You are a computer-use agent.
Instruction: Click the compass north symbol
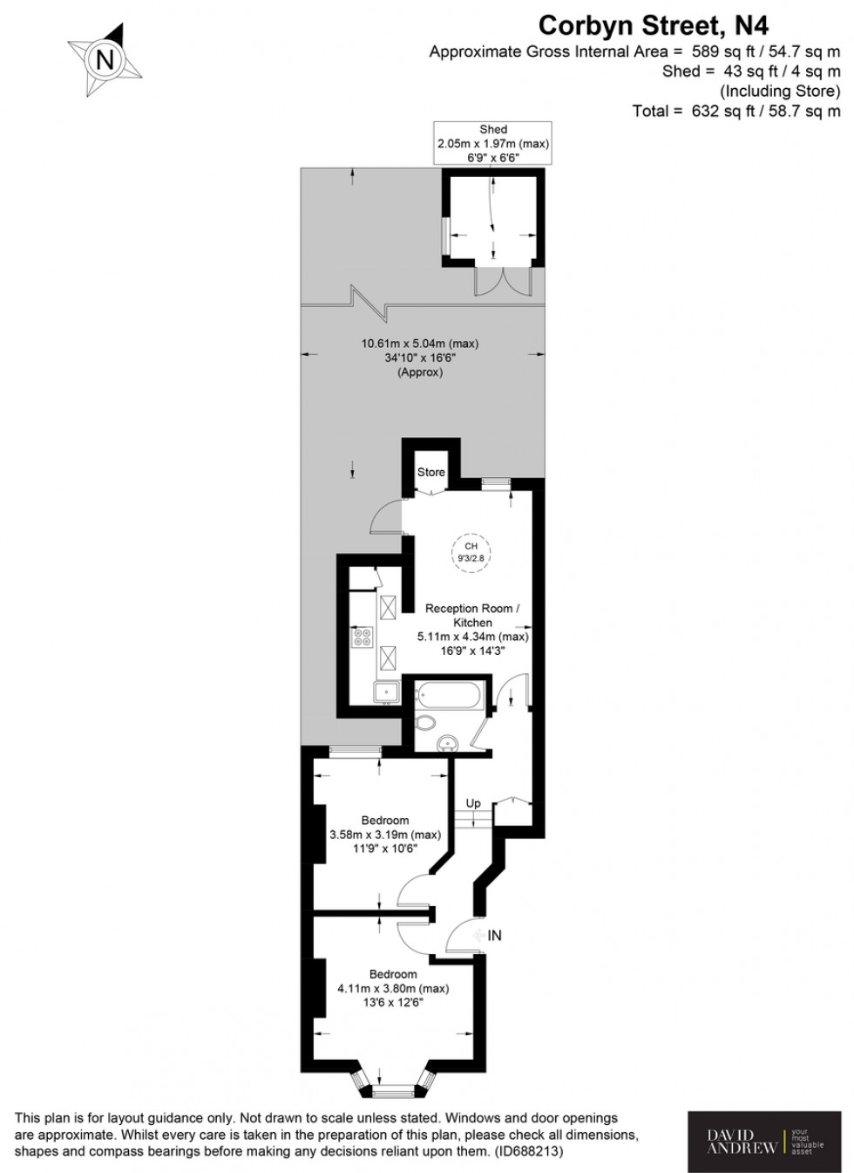coord(105,59)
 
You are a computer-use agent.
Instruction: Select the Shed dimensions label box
coord(493,143)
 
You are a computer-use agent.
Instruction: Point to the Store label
coord(430,472)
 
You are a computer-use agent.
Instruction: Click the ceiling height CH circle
coord(471,552)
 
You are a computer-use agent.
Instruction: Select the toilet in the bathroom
coord(425,722)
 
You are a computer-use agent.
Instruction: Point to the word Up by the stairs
coord(473,803)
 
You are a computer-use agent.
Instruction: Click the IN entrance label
coord(494,935)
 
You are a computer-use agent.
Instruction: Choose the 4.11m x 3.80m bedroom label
coord(393,988)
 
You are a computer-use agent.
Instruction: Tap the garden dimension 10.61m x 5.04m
coord(420,358)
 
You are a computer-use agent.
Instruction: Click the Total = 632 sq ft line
coord(735,111)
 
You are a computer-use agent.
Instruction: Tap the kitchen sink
coord(385,692)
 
